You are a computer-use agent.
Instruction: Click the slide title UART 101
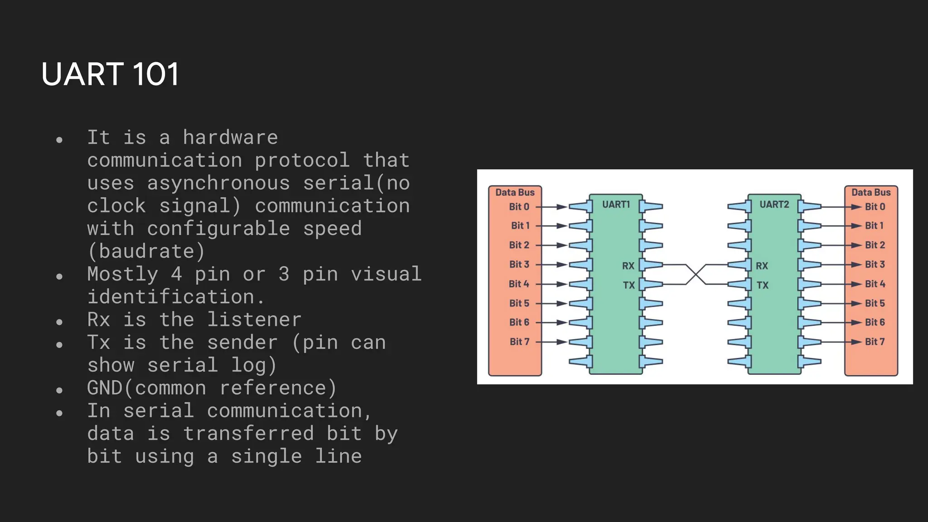pos(110,74)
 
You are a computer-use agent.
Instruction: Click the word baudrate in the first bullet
pos(146,251)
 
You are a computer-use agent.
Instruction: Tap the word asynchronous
pos(218,183)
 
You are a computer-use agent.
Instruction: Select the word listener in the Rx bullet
pos(254,320)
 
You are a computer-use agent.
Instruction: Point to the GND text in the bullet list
pos(105,388)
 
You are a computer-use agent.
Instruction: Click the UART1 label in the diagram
pos(616,204)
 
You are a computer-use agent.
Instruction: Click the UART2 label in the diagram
pos(774,204)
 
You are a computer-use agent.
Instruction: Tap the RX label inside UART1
pos(628,266)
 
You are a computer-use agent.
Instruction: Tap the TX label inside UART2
pos(763,285)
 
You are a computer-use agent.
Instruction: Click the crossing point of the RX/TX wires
pos(696,275)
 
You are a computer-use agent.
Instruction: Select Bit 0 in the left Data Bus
pos(519,207)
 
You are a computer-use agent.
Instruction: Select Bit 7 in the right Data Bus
pos(875,342)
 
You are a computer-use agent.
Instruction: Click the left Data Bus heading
pos(515,192)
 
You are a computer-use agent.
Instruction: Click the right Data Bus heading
pos(871,192)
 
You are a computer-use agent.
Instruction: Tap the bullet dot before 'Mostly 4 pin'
pos(59,276)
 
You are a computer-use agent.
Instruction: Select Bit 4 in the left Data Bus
pos(519,284)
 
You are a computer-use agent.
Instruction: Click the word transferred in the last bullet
pos(248,434)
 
